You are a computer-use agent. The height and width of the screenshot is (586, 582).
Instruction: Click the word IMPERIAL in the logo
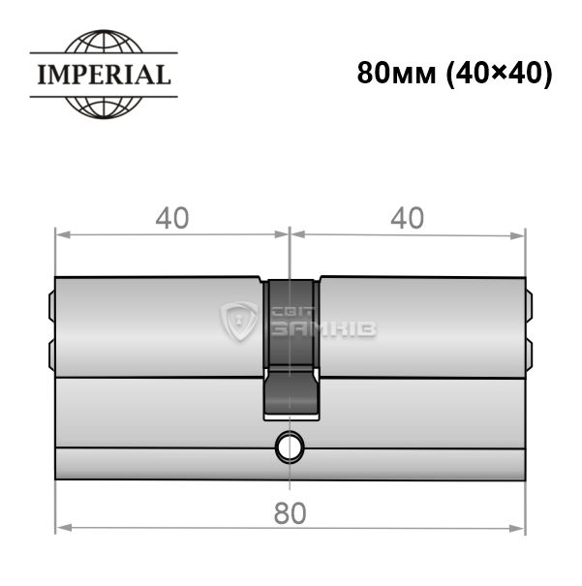[105, 75]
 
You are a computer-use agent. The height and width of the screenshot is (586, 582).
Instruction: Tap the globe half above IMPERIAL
[104, 41]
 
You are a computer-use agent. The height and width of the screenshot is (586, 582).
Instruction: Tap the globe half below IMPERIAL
[104, 108]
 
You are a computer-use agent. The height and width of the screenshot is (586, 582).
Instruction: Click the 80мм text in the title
[396, 74]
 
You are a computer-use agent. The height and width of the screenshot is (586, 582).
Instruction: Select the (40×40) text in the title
[500, 74]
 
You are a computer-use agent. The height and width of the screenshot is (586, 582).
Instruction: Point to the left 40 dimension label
[172, 218]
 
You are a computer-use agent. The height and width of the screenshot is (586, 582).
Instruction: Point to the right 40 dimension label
[407, 218]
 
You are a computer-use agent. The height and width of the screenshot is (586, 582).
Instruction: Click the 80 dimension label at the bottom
[291, 513]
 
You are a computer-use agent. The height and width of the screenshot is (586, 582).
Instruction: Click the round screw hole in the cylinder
[290, 447]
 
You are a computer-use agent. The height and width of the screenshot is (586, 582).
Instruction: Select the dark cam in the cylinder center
[291, 348]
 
